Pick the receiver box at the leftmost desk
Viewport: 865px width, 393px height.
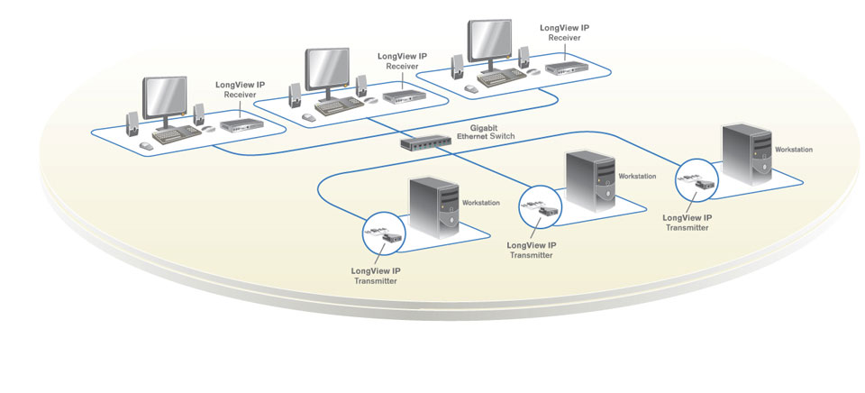(x=240, y=125)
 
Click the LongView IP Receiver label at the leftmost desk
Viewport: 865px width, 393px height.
(x=240, y=90)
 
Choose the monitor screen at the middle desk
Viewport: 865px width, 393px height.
(x=328, y=66)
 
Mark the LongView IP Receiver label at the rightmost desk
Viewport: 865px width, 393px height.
(x=564, y=33)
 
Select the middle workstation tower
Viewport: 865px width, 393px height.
(x=590, y=181)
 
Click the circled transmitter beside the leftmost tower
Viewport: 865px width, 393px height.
(x=384, y=237)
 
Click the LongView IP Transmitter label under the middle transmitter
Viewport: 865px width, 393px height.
(x=532, y=250)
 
